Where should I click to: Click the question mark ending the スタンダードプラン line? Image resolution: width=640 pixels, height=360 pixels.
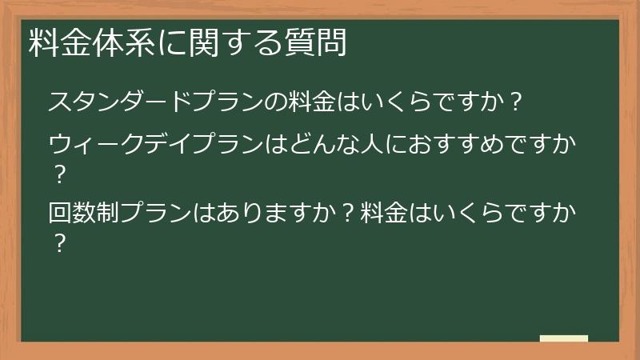click(x=516, y=103)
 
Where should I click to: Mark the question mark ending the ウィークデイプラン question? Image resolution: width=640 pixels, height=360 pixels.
click(x=57, y=173)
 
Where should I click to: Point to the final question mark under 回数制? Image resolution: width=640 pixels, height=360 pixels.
click(x=57, y=242)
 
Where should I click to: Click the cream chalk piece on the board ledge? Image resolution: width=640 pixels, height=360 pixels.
click(x=563, y=338)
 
